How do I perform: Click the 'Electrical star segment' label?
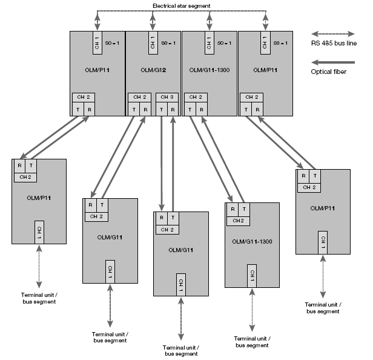pos(181,6)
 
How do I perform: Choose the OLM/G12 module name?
pos(153,71)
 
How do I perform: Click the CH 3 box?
pos(168,97)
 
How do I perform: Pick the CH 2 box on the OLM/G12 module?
pos(140,97)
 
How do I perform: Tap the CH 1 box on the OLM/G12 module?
pos(153,43)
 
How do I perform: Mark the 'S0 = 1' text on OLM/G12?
pos(168,43)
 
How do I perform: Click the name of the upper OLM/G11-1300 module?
pos(210,71)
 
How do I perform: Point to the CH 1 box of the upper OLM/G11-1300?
pos(210,43)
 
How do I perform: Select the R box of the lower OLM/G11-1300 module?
pos(232,209)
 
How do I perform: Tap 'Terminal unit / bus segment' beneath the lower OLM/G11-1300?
pos(251,341)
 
